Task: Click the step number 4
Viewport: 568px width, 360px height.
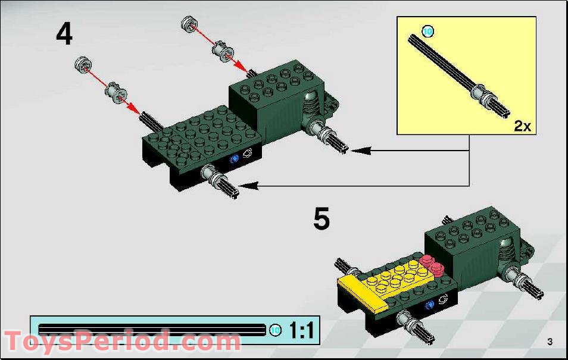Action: point(64,34)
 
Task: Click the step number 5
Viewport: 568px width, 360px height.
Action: point(322,219)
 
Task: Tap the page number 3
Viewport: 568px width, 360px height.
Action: point(550,341)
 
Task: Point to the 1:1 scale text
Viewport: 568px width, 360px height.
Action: point(302,330)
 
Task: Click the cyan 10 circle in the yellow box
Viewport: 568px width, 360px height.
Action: point(427,31)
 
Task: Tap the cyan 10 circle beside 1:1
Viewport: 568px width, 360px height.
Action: point(275,331)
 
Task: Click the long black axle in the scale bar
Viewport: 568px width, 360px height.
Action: point(152,330)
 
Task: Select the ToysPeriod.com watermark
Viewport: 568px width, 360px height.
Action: point(122,342)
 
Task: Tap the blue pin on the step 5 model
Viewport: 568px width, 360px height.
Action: point(428,305)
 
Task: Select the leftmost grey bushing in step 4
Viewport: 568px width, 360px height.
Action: point(82,63)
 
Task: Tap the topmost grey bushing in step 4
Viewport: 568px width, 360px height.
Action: point(189,24)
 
